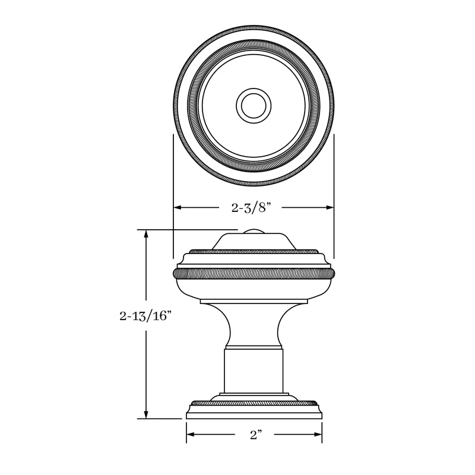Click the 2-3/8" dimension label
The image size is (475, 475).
(251, 208)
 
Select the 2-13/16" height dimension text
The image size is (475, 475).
(145, 316)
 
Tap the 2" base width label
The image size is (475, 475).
(256, 435)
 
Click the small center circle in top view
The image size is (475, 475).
(254, 106)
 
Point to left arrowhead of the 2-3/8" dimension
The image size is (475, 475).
(178, 207)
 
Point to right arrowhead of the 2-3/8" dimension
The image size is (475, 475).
(330, 207)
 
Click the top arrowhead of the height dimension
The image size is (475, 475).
(146, 234)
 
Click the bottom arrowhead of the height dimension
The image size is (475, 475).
(146, 414)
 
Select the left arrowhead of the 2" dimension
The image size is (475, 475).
(191, 435)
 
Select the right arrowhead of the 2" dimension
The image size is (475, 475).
(318, 435)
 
